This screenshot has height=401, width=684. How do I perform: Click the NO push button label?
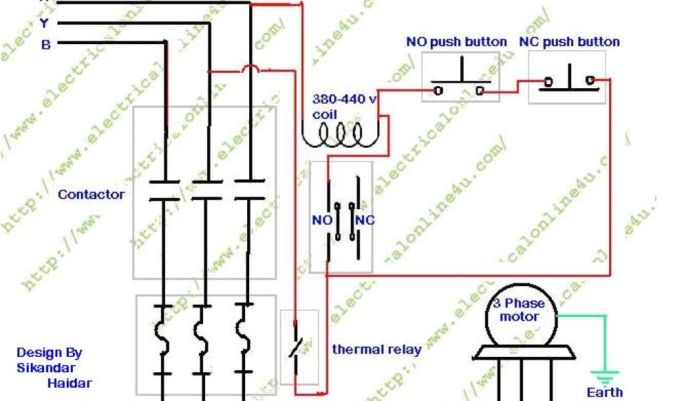click(456, 42)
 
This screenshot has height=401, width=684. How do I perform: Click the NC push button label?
click(569, 42)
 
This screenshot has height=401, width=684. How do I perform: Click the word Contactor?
click(91, 194)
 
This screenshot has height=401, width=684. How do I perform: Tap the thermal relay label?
click(377, 349)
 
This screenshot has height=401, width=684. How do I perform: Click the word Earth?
click(605, 392)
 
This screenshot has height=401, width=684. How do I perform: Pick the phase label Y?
click(45, 24)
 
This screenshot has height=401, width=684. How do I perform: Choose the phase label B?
click(45, 45)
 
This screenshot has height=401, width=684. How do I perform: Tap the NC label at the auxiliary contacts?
click(365, 220)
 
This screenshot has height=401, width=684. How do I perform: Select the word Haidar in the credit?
click(69, 383)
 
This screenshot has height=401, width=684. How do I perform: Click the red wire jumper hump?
click(251, 68)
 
